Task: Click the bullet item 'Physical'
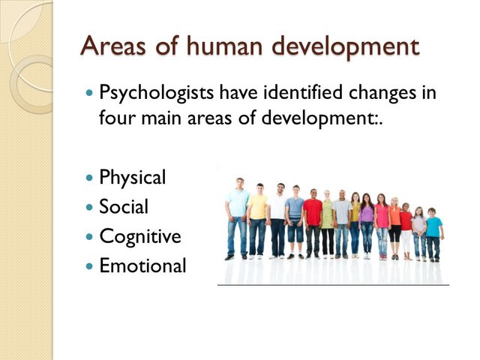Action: point(132,178)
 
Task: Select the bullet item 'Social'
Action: point(124,207)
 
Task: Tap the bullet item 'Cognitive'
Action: point(139,237)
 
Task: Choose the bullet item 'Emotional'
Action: point(142,265)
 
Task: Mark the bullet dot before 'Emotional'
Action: point(91,266)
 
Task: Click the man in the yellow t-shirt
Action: point(258,217)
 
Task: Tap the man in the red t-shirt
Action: point(313,217)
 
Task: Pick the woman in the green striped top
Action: point(328,221)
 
